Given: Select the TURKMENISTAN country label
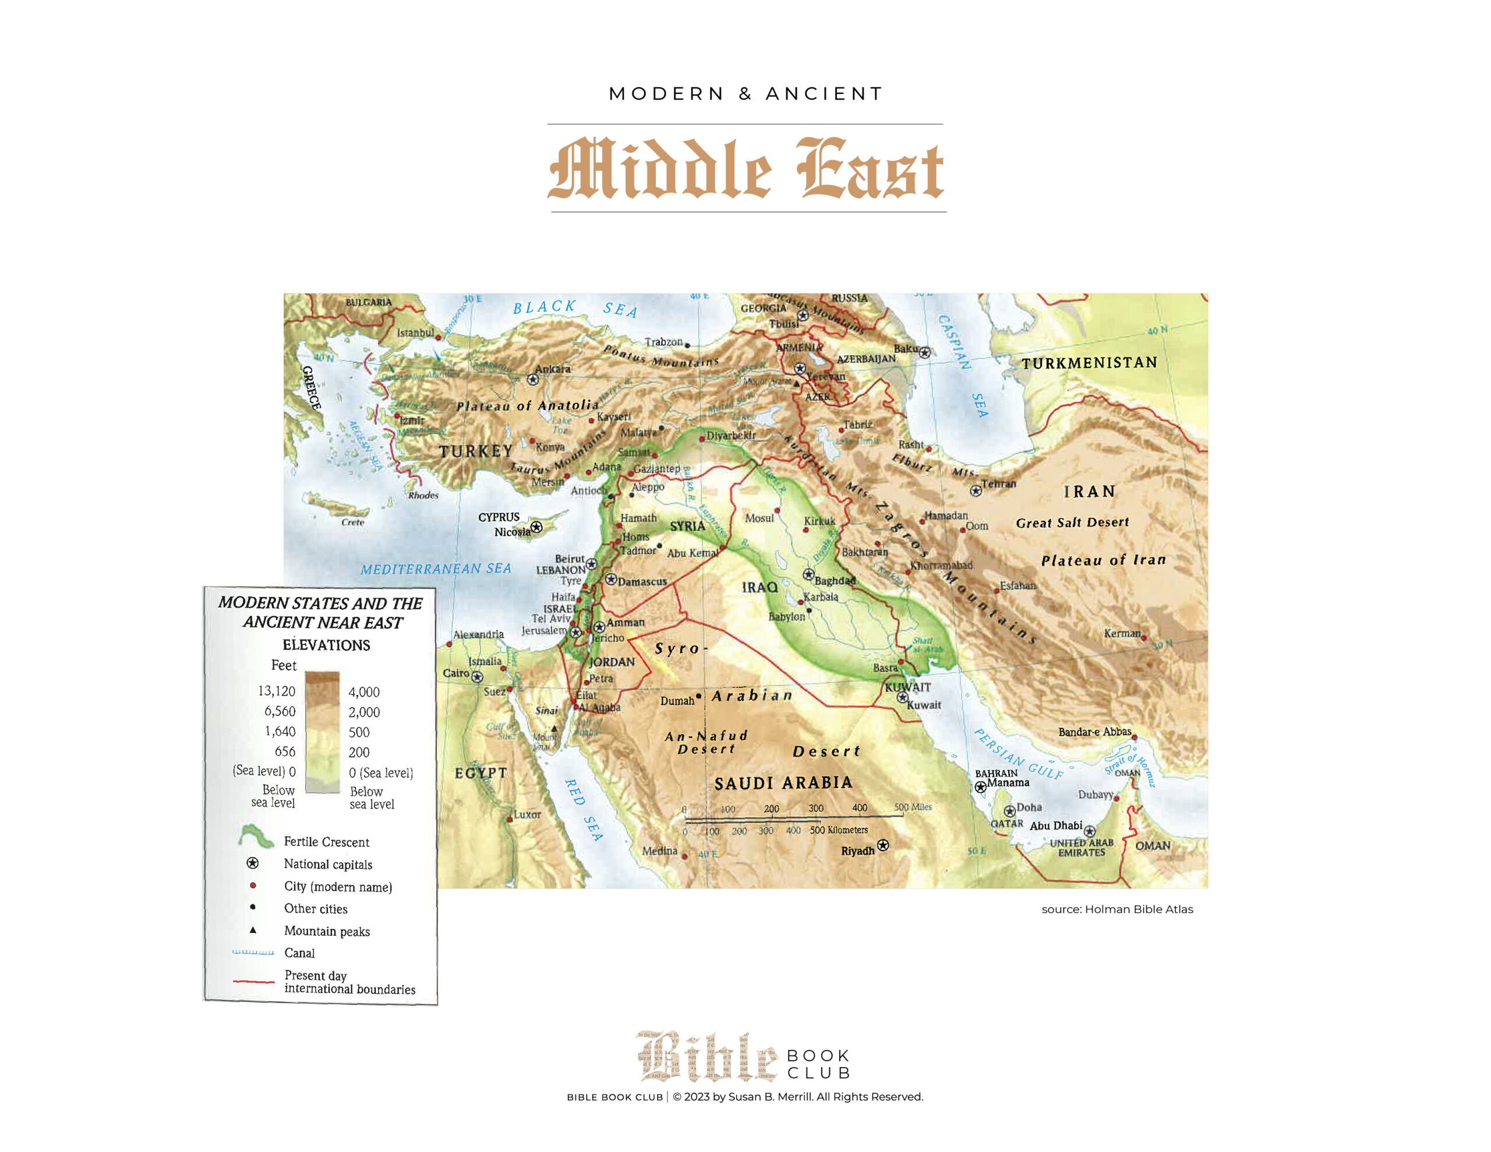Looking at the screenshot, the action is coord(1089,363).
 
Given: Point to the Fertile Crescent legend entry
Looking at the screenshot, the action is coord(326,842).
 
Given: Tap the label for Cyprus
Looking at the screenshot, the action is coord(499,517).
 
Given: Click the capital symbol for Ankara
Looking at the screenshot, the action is coord(533,379).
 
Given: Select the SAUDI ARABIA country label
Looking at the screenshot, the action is coord(783,783).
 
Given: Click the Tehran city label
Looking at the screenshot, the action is coord(998,483).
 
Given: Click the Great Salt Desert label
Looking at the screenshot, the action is coord(1072,522).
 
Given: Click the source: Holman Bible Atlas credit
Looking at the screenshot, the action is coord(1117,909).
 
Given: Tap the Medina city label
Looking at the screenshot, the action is coord(659,850).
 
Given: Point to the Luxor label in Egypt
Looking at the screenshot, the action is coord(527,814).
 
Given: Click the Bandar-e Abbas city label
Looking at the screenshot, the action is coord(1094,732).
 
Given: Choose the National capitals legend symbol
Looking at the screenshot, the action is coord(253,863).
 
